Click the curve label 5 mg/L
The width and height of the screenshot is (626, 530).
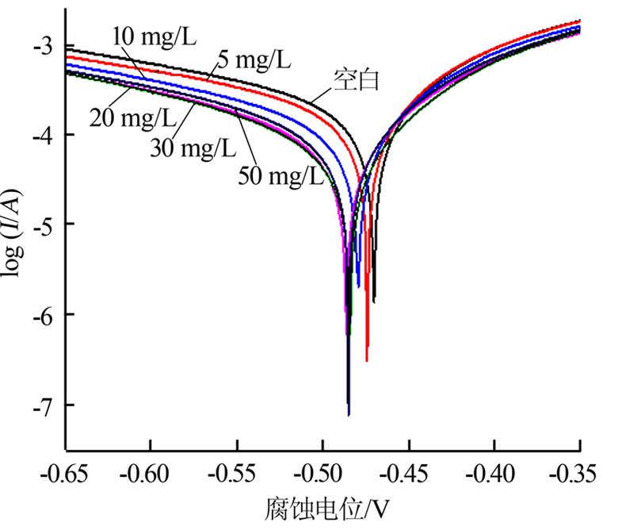pos(254,58)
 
